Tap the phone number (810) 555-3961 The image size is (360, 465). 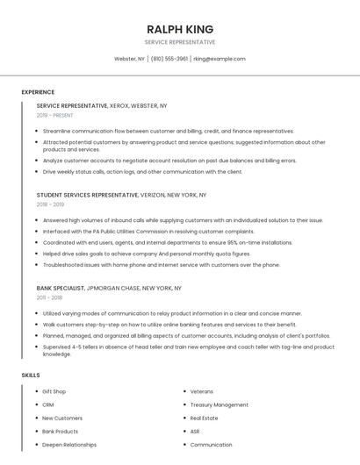(169, 59)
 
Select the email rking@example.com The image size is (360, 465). (220, 59)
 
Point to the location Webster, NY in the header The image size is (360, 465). (129, 59)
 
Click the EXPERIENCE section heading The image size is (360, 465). (38, 92)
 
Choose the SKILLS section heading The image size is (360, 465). (31, 375)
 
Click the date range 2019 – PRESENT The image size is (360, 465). (55, 115)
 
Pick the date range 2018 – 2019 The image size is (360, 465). (50, 204)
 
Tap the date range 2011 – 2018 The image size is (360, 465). (50, 297)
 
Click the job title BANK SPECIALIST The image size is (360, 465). (61, 288)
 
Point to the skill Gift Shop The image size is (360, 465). (54, 391)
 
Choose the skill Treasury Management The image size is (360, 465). (219, 404)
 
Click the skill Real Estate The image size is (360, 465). (204, 418)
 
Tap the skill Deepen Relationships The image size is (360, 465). (69, 445)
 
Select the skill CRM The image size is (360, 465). (48, 404)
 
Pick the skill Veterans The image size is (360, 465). (202, 391)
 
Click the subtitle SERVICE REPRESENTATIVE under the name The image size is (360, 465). (180, 42)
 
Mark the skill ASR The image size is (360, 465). (195, 432)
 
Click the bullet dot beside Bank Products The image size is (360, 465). (36, 432)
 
